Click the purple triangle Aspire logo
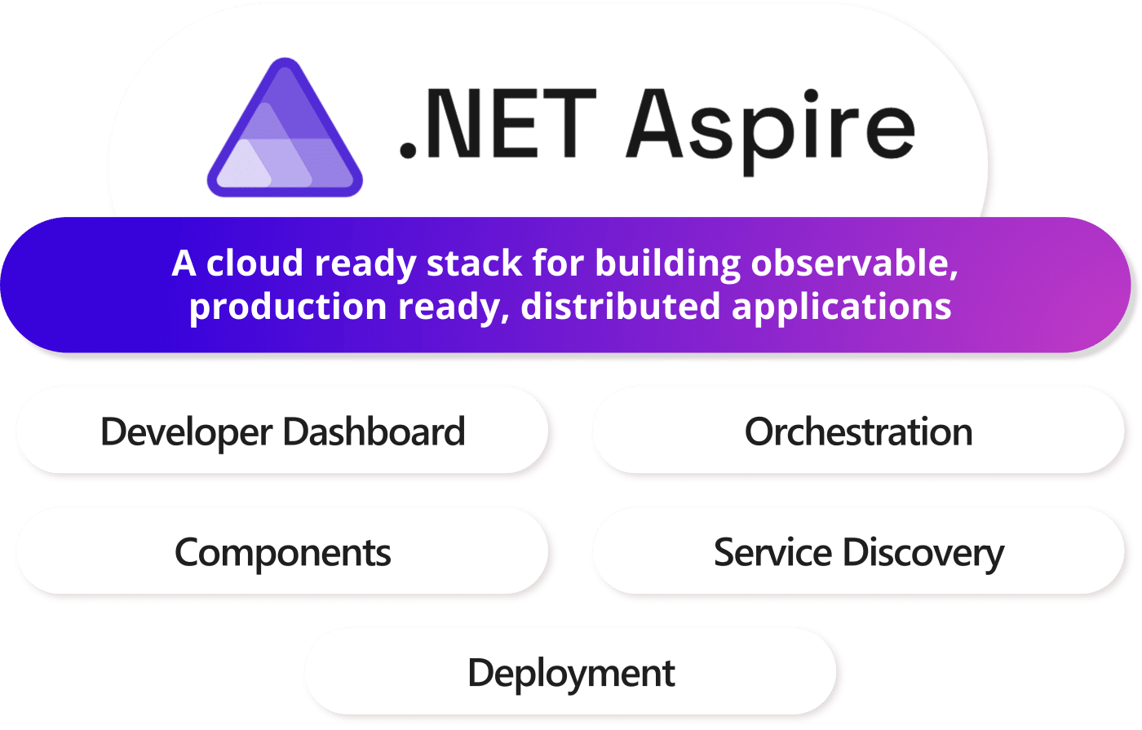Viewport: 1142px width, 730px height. [285, 127]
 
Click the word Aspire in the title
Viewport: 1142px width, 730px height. [770, 131]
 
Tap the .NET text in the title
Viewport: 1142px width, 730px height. [498, 123]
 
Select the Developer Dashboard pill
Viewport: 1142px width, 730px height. [282, 431]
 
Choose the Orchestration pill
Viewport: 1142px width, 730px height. [858, 431]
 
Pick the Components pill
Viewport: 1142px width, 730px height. [282, 551]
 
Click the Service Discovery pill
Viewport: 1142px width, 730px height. [858, 551]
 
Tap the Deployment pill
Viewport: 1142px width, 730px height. [570, 672]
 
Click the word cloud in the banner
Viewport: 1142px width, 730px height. [255, 263]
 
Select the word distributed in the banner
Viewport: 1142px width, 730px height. [621, 306]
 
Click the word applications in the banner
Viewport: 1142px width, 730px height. [842, 307]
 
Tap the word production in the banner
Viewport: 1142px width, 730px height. [288, 307]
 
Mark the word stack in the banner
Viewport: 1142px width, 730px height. [474, 263]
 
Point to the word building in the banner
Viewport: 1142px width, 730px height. [667, 264]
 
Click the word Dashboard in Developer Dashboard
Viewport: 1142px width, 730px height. [374, 431]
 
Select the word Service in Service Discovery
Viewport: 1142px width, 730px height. [773, 551]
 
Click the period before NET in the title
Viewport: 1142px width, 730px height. [408, 151]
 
